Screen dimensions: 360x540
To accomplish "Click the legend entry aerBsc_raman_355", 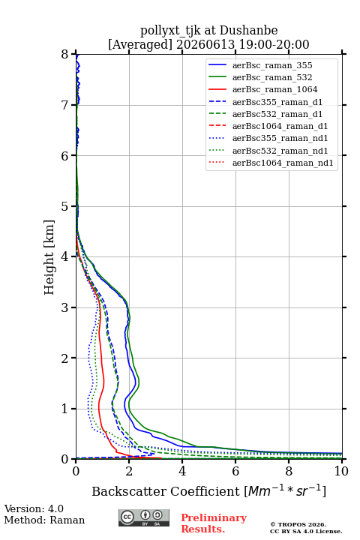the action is tap(272, 65).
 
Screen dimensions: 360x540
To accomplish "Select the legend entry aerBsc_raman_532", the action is tap(272, 77).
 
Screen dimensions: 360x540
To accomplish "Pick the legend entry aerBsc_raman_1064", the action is tap(275, 89).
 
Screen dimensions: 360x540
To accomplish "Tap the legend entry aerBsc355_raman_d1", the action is tap(277, 102).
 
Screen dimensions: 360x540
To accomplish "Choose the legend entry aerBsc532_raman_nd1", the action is tap(280, 151).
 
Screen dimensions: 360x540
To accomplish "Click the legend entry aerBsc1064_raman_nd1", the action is tap(283, 163).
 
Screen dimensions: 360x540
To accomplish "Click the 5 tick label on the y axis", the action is tap(65, 206).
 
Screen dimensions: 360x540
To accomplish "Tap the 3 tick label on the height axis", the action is tap(65, 307).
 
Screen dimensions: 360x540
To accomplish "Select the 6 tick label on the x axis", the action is tap(235, 471).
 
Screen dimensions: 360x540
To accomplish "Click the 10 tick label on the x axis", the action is tap(342, 471).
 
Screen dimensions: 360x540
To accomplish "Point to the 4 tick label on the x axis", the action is tap(182, 471).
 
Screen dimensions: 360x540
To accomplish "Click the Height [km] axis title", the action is tap(49, 257).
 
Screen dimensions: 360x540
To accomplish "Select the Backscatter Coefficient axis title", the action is tap(208, 490).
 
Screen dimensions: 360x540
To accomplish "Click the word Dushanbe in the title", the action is tap(248, 31).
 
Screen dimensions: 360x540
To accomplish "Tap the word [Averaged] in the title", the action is tap(140, 44).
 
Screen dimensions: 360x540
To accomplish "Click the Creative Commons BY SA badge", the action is tap(144, 517).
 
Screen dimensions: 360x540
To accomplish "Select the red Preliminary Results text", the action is tap(214, 523).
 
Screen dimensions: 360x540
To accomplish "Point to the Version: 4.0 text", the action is tap(34, 508).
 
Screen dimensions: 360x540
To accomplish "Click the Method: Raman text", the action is tap(44, 520).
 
